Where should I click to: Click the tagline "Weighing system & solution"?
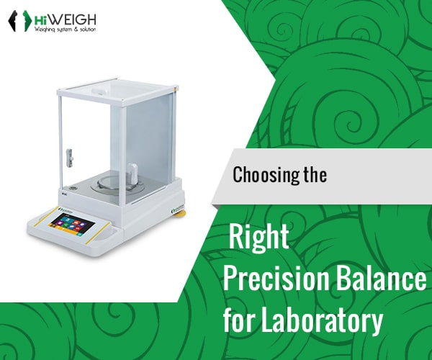[x=65, y=30]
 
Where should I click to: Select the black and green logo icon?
[x=20, y=21]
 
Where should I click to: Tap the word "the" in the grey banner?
[x=315, y=174]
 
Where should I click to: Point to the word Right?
[x=258, y=237]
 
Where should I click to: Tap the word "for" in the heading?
[x=238, y=320]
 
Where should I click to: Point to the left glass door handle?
[x=70, y=158]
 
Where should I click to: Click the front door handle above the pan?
[x=132, y=175]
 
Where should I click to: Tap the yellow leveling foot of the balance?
[x=182, y=213]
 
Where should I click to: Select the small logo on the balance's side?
[x=177, y=211]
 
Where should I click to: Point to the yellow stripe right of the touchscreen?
[x=98, y=233]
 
